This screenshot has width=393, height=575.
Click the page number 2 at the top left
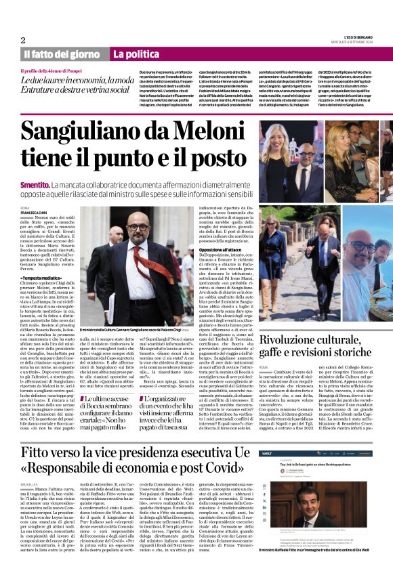click(23, 40)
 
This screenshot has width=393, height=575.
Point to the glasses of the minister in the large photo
click(144, 228)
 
